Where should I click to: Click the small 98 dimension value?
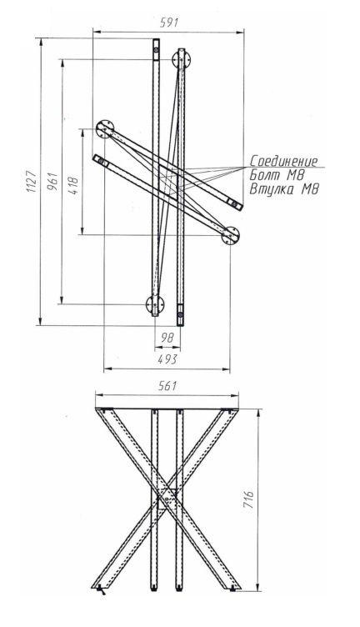pos(167,336)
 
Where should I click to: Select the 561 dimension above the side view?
pos(167,388)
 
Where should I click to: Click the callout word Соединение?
pos(283,161)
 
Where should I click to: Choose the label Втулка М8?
pos(284,189)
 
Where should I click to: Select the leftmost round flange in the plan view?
pos(105,129)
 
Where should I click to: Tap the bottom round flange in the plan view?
pos(153,305)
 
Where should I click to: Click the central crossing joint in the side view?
pos(167,497)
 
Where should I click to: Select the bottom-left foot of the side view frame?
pos(99,585)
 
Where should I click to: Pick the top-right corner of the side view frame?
pos(232,409)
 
